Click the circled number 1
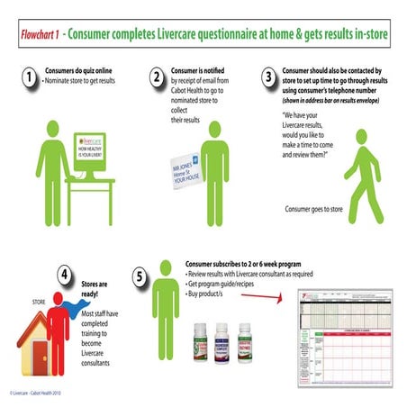pyautogui.click(x=31, y=79)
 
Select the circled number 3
pyautogui.click(x=268, y=79)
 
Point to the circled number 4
pyautogui.click(x=64, y=273)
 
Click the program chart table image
pyautogui.click(x=347, y=337)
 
